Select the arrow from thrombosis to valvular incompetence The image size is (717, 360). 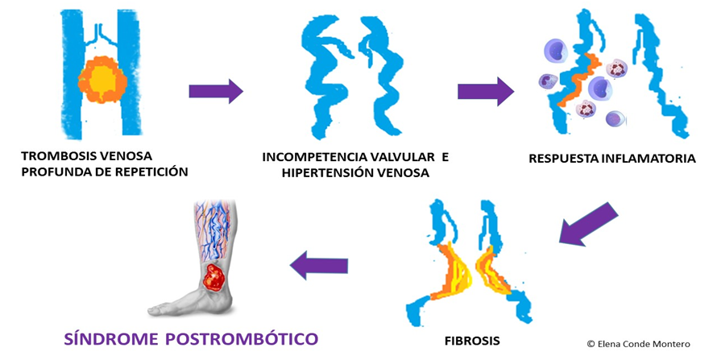(x=215, y=91)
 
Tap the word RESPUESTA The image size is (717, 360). (x=563, y=158)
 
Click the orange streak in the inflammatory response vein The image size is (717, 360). (x=582, y=81)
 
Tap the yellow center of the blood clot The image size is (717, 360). (x=102, y=80)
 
